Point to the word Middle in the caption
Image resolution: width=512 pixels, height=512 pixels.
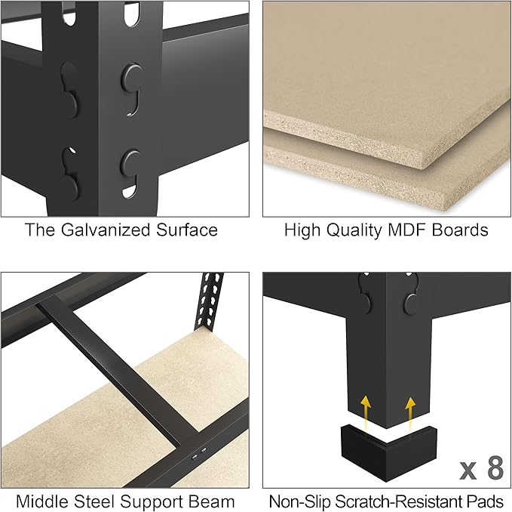[x=43, y=501]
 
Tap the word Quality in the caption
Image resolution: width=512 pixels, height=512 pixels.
[x=361, y=230]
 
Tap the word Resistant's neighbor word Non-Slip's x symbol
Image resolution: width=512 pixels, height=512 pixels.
[x=468, y=471]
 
